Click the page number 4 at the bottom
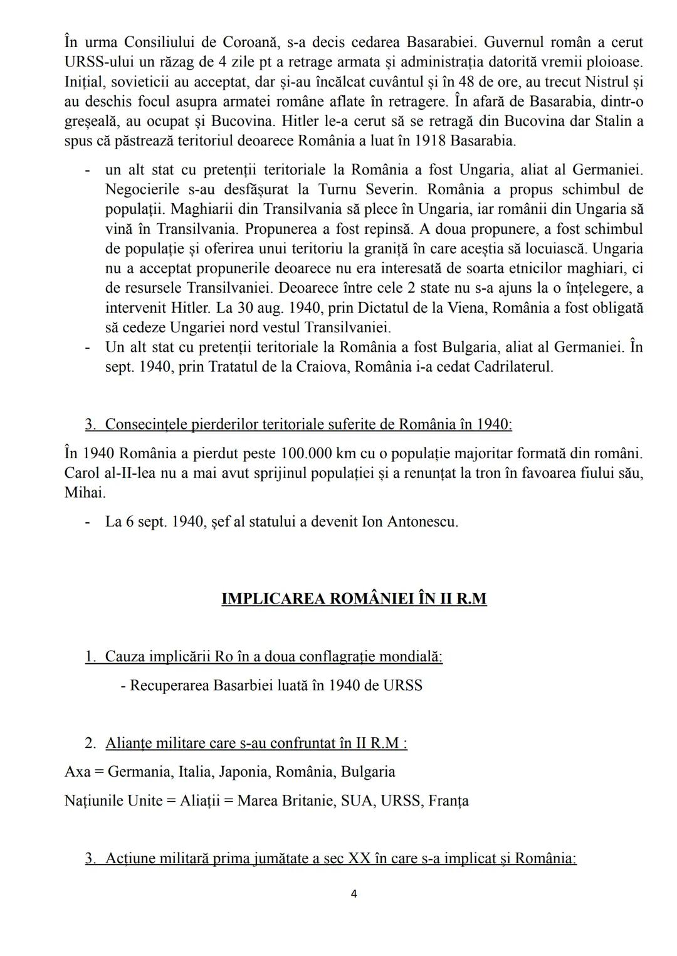354,894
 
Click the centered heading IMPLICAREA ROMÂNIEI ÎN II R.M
354,599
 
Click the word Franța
448,801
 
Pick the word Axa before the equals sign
76,772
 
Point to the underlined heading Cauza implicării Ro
273,656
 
